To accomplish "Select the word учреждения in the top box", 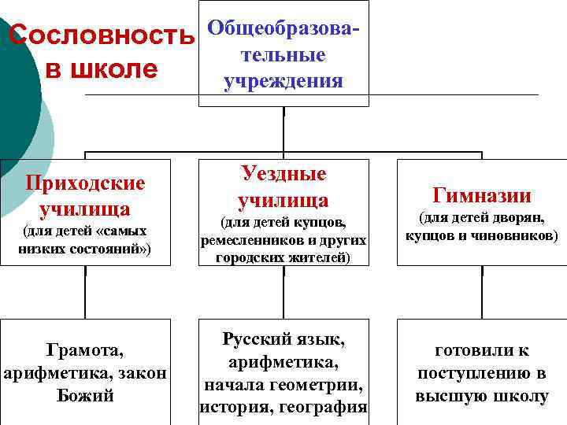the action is click(283, 81).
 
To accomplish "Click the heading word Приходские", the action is click(85, 183).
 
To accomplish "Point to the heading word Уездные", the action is click(283, 174).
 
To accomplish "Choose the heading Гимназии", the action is click(482, 195).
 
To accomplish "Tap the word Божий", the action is click(86, 395).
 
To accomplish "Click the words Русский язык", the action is click(283, 340).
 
